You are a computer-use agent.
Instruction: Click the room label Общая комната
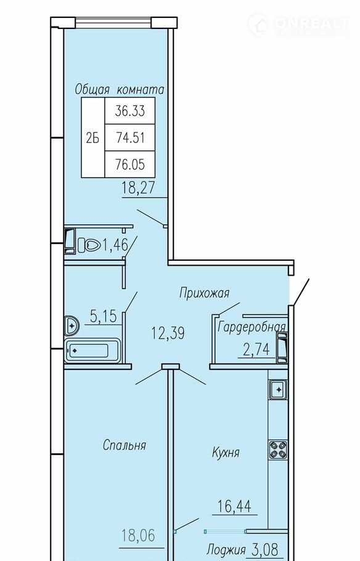pyautogui.click(x=120, y=90)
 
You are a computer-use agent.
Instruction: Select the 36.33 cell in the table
pyautogui.click(x=130, y=111)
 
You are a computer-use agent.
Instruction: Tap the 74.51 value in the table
pyautogui.click(x=130, y=137)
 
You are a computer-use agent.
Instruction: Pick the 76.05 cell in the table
pyautogui.click(x=130, y=164)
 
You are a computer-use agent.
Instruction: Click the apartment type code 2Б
pyautogui.click(x=92, y=137)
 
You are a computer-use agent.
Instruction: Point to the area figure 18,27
pyautogui.click(x=139, y=188)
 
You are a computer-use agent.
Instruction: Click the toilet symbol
pyautogui.click(x=89, y=245)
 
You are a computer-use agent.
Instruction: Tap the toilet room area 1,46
pyautogui.click(x=115, y=245)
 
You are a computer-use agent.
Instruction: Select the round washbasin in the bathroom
pyautogui.click(x=72, y=326)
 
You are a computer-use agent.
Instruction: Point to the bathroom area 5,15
pyautogui.click(x=104, y=316)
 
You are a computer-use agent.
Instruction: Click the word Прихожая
pyautogui.click(x=204, y=293)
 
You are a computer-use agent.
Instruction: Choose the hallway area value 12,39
pyautogui.click(x=168, y=334)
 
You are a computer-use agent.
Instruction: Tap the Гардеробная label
pyautogui.click(x=252, y=327)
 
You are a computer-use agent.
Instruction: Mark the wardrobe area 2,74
pyautogui.click(x=256, y=349)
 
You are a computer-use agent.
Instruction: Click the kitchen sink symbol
pyautogui.click(x=278, y=389)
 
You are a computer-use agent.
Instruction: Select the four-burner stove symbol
pyautogui.click(x=279, y=450)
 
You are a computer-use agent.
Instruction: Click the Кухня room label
pyautogui.click(x=226, y=452)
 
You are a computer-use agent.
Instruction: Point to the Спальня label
pyautogui.click(x=124, y=446)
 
